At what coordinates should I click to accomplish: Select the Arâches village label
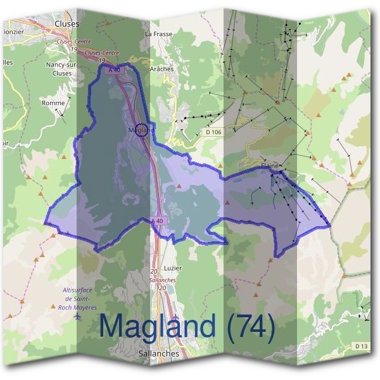161,69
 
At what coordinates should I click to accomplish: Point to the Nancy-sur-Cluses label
61,68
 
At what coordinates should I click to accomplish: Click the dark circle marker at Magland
142,130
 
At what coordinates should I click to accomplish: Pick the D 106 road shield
213,132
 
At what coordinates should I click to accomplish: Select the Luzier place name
172,268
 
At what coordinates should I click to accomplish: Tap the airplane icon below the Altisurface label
78,316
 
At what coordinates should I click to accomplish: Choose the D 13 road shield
361,346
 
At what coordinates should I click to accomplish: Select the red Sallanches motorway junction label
161,279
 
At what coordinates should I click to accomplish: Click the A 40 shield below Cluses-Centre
114,70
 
